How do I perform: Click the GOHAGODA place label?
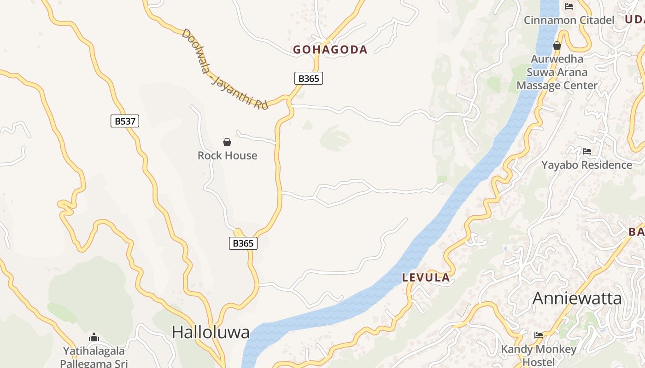coord(330,50)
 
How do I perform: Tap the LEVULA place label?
coord(426,277)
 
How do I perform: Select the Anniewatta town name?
coord(577,299)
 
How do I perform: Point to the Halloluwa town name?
coord(211,332)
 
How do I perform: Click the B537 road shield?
coord(125,121)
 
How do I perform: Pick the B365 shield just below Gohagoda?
coord(309,78)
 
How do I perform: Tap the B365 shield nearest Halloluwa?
coord(243,243)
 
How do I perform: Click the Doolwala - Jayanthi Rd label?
coord(224,69)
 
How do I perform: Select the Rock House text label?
coord(227,155)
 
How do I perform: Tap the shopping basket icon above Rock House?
coord(227,142)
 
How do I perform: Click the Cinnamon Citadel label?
coord(569,20)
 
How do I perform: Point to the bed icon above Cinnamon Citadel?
coord(569,6)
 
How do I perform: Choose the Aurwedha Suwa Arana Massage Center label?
coord(557,72)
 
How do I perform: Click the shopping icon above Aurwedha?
coord(557,46)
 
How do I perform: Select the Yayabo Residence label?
coord(586,165)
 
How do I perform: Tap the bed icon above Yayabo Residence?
coord(586,151)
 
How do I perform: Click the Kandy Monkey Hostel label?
coord(539,356)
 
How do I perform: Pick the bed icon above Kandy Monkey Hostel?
coord(538,335)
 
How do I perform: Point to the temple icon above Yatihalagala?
coord(94,337)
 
